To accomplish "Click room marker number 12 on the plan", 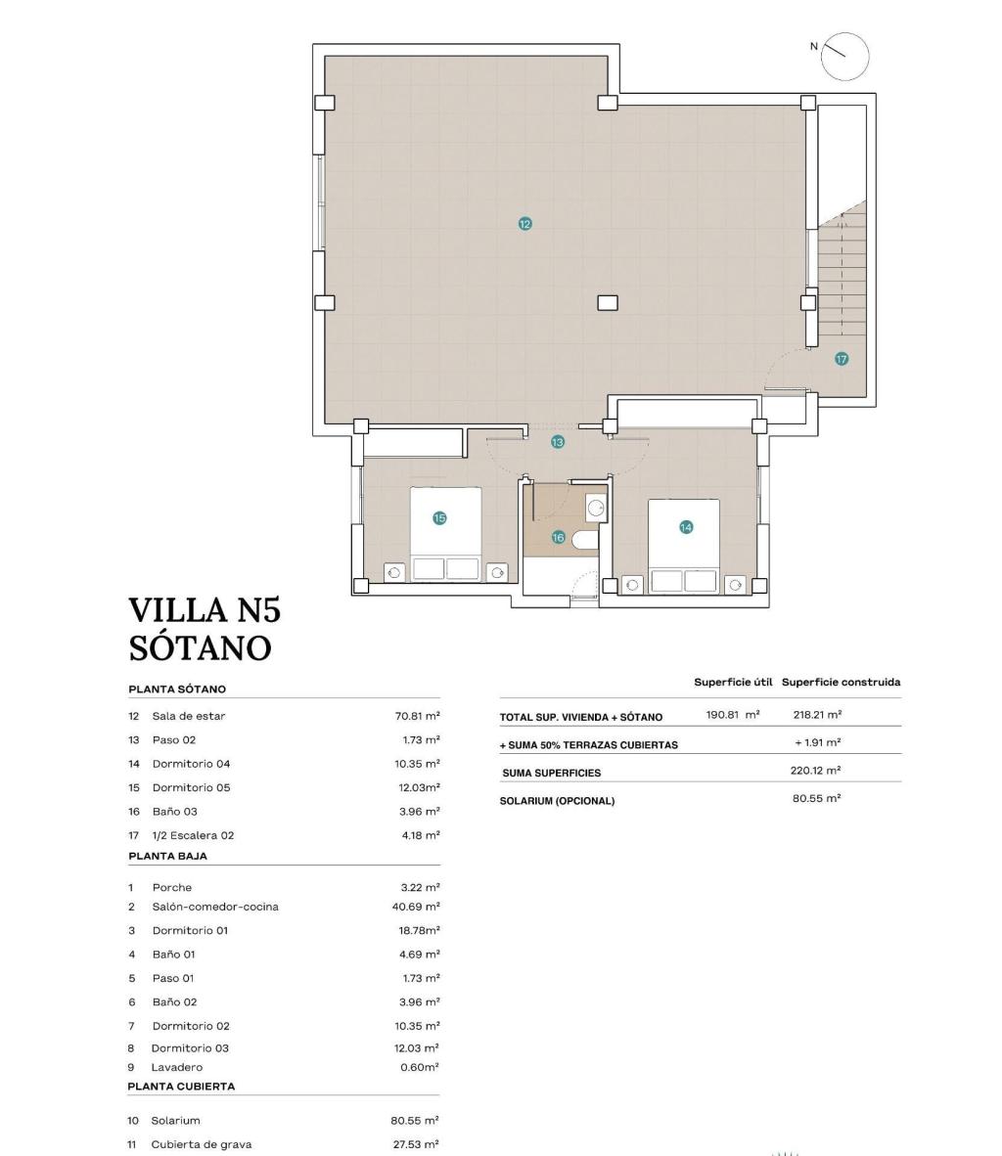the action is (x=525, y=224).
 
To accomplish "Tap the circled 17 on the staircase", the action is (x=842, y=359).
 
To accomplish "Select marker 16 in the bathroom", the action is (x=558, y=537).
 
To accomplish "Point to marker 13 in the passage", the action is (x=557, y=442).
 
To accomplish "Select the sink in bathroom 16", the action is (x=595, y=508).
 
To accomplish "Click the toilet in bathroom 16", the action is (x=585, y=541).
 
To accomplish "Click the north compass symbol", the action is (x=844, y=56).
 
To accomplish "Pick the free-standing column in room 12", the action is (x=608, y=302).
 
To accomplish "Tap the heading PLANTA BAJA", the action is (x=167, y=856).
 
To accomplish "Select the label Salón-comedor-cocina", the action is (x=215, y=907).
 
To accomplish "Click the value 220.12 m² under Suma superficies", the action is (x=816, y=771).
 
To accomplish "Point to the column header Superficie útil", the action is (x=733, y=682).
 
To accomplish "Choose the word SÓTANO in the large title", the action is (x=200, y=647).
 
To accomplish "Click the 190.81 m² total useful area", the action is (x=732, y=715).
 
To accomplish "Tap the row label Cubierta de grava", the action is (x=201, y=1143).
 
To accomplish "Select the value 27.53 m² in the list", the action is (x=415, y=1143).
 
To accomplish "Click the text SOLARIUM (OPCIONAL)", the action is (x=557, y=801).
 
